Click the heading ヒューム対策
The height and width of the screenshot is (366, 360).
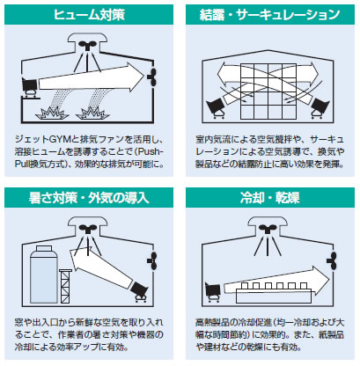pyautogui.click(x=89, y=15)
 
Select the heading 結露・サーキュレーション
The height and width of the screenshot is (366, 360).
pyautogui.click(x=269, y=15)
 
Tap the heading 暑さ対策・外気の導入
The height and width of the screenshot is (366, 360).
pyautogui.click(x=89, y=198)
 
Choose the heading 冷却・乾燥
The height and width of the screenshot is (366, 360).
pyautogui.click(x=269, y=198)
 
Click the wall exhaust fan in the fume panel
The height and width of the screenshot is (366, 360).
pyautogui.click(x=152, y=77)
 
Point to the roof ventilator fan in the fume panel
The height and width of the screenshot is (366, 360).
pyautogui.click(x=87, y=45)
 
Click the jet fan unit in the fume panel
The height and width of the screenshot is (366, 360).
pyautogui.click(x=30, y=87)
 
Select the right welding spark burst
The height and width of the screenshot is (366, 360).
pyautogui.click(x=92, y=113)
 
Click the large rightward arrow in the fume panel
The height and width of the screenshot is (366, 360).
pyautogui.click(x=91, y=77)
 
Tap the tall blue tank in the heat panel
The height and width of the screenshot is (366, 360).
pyautogui.click(x=44, y=274)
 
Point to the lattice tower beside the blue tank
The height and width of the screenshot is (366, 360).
pyautogui.click(x=65, y=286)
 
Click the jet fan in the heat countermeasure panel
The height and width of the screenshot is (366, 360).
pyautogui.click(x=139, y=291)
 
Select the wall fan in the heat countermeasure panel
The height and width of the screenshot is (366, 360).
pyautogui.click(x=152, y=260)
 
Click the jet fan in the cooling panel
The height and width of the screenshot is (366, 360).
pyautogui.click(x=213, y=292)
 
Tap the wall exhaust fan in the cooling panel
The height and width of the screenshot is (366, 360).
pyautogui.click(x=332, y=260)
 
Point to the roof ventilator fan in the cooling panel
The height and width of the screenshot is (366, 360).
pyautogui.click(x=267, y=229)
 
